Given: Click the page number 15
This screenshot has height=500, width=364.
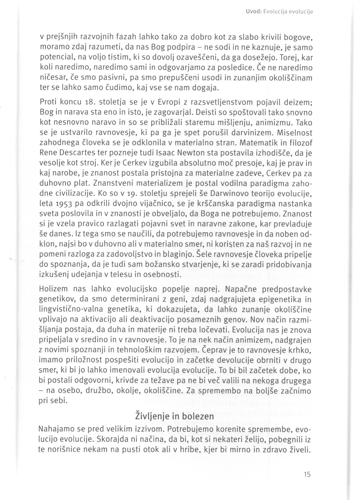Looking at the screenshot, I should click(307, 474).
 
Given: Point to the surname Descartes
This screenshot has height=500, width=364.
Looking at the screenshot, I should click(74, 152).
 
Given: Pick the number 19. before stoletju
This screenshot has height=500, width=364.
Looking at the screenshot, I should click(124, 193).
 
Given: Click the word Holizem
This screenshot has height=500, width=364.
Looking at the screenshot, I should click(53, 289).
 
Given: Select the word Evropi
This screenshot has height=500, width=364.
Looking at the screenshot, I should click(169, 102).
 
